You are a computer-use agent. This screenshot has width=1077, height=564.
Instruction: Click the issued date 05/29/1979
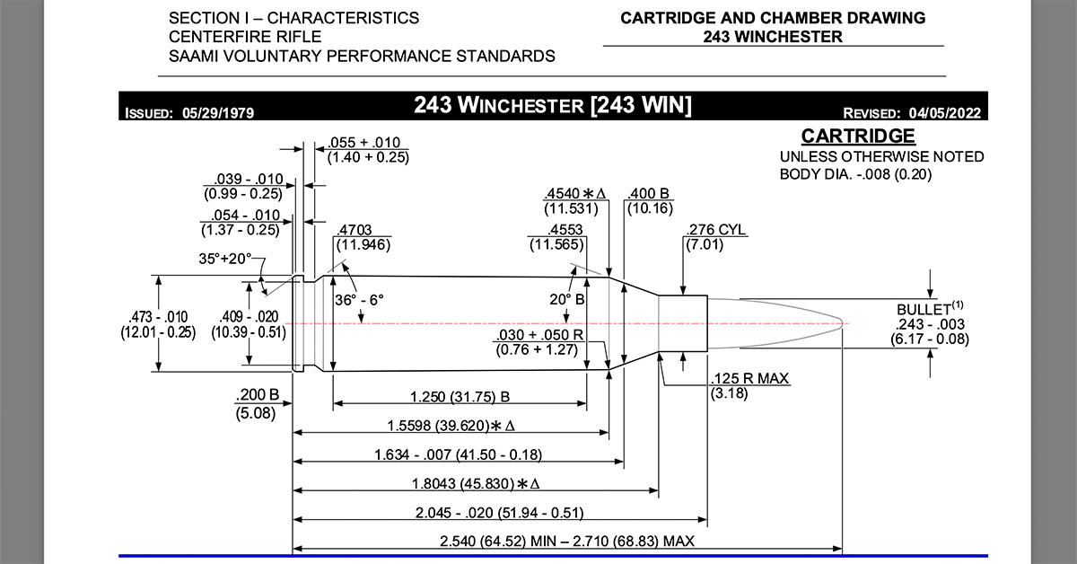218,113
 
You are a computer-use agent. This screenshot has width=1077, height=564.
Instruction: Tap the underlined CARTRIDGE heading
858,137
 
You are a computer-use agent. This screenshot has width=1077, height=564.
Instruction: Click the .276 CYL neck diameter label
715,230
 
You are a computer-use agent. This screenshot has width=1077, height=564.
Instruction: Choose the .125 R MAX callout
749,379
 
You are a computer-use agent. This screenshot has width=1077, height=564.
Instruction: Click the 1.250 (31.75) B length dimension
460,396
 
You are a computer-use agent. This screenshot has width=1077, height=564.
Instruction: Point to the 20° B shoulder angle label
567,298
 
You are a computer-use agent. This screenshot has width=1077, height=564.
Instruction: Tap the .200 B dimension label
258,396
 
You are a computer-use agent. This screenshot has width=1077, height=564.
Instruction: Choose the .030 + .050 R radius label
537,336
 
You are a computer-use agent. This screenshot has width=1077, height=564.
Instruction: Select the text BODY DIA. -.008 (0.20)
855,174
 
